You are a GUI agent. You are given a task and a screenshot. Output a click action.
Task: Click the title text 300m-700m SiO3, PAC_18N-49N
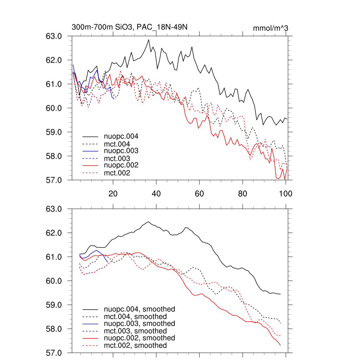pyautogui.click(x=129, y=27)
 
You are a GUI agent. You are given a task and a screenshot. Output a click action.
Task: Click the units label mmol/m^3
pyautogui.click(x=271, y=28)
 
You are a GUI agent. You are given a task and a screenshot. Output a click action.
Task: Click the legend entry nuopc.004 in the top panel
pyautogui.click(x=121, y=136)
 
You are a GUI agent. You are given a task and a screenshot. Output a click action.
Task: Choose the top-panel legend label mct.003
pyautogui.click(x=117, y=159)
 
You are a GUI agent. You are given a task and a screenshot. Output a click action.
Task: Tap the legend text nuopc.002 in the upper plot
pyautogui.click(x=121, y=165)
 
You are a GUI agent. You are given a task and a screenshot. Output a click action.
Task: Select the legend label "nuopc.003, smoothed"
pyautogui.click(x=139, y=323)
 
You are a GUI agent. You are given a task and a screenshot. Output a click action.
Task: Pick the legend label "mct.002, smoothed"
pyautogui.click(x=135, y=346)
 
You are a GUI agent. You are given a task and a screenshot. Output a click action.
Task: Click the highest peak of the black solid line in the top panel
pyautogui.click(x=149, y=40)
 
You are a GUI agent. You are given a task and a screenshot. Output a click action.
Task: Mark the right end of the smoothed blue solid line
pyautogui.click(x=108, y=262)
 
